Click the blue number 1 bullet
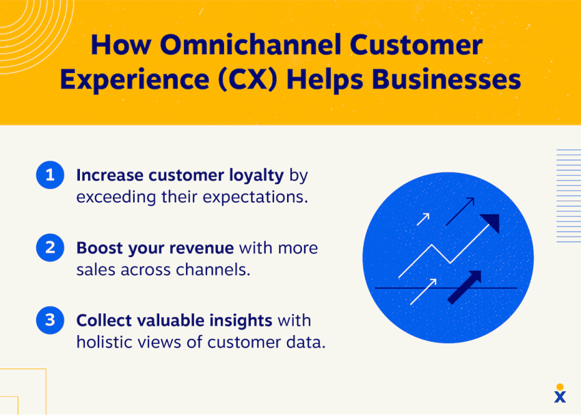point(49,176)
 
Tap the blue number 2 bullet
point(49,247)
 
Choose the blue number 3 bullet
point(49,320)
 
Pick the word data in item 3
point(306,342)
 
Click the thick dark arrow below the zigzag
point(465,286)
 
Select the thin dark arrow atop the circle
point(460,211)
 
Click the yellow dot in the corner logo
point(560,387)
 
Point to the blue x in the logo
point(560,397)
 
